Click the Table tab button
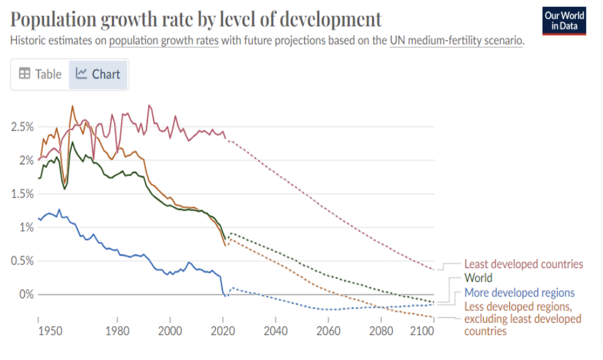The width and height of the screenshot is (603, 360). pyautogui.click(x=40, y=74)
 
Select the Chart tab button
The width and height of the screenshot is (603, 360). pyautogui.click(x=98, y=74)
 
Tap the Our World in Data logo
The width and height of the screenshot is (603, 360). pyautogui.click(x=564, y=21)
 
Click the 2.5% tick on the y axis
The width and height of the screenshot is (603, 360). pyautogui.click(x=22, y=127)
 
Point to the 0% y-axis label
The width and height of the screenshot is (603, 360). pyautogui.click(x=26, y=294)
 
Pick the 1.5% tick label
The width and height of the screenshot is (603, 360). pyautogui.click(x=22, y=194)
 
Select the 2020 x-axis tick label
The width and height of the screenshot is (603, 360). pyautogui.click(x=223, y=330)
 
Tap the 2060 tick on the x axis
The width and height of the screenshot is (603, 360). pyautogui.click(x=328, y=330)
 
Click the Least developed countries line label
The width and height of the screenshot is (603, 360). pyautogui.click(x=524, y=264)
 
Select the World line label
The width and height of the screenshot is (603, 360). pyautogui.click(x=478, y=278)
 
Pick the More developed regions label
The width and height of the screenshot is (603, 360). pyautogui.click(x=519, y=293)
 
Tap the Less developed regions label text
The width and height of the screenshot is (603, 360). pyautogui.click(x=518, y=307)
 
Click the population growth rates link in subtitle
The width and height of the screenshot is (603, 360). pyautogui.click(x=164, y=41)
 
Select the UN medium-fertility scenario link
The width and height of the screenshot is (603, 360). pyautogui.click(x=456, y=41)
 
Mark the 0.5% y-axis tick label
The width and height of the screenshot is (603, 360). pyautogui.click(x=22, y=261)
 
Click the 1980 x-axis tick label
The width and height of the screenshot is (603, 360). pyautogui.click(x=117, y=330)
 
